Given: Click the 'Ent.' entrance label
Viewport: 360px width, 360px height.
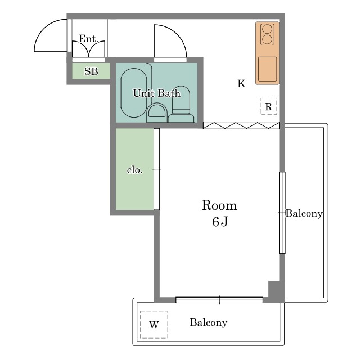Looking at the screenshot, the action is [x=89, y=39].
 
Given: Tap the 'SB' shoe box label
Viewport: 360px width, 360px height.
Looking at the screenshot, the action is [x=91, y=71].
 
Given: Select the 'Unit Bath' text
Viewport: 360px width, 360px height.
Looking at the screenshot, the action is [x=157, y=93].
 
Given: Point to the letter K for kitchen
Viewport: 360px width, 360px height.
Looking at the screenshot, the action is [x=241, y=84].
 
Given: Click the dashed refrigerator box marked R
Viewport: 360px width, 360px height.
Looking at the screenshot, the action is [x=268, y=106].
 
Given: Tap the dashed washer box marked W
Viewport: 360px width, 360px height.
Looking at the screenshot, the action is [x=154, y=325].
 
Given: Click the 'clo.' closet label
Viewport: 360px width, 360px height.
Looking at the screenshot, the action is [x=135, y=170].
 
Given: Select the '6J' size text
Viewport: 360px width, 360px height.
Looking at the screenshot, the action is [x=220, y=222].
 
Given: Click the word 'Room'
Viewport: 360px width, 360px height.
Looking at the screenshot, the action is [x=219, y=205].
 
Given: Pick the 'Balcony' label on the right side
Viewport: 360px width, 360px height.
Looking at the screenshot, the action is [x=304, y=214].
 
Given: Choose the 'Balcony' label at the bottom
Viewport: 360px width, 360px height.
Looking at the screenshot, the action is [x=209, y=322].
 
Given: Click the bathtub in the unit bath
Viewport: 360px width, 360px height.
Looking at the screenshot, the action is [x=134, y=93].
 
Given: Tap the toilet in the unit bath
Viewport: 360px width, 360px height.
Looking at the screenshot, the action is [x=181, y=105].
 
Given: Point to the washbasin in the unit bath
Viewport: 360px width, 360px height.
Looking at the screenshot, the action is [x=157, y=111].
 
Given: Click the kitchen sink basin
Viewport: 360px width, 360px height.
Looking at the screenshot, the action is [x=268, y=69].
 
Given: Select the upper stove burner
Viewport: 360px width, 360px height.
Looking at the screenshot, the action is [x=267, y=29].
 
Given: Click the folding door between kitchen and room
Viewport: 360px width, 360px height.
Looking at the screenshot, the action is [x=241, y=125].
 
